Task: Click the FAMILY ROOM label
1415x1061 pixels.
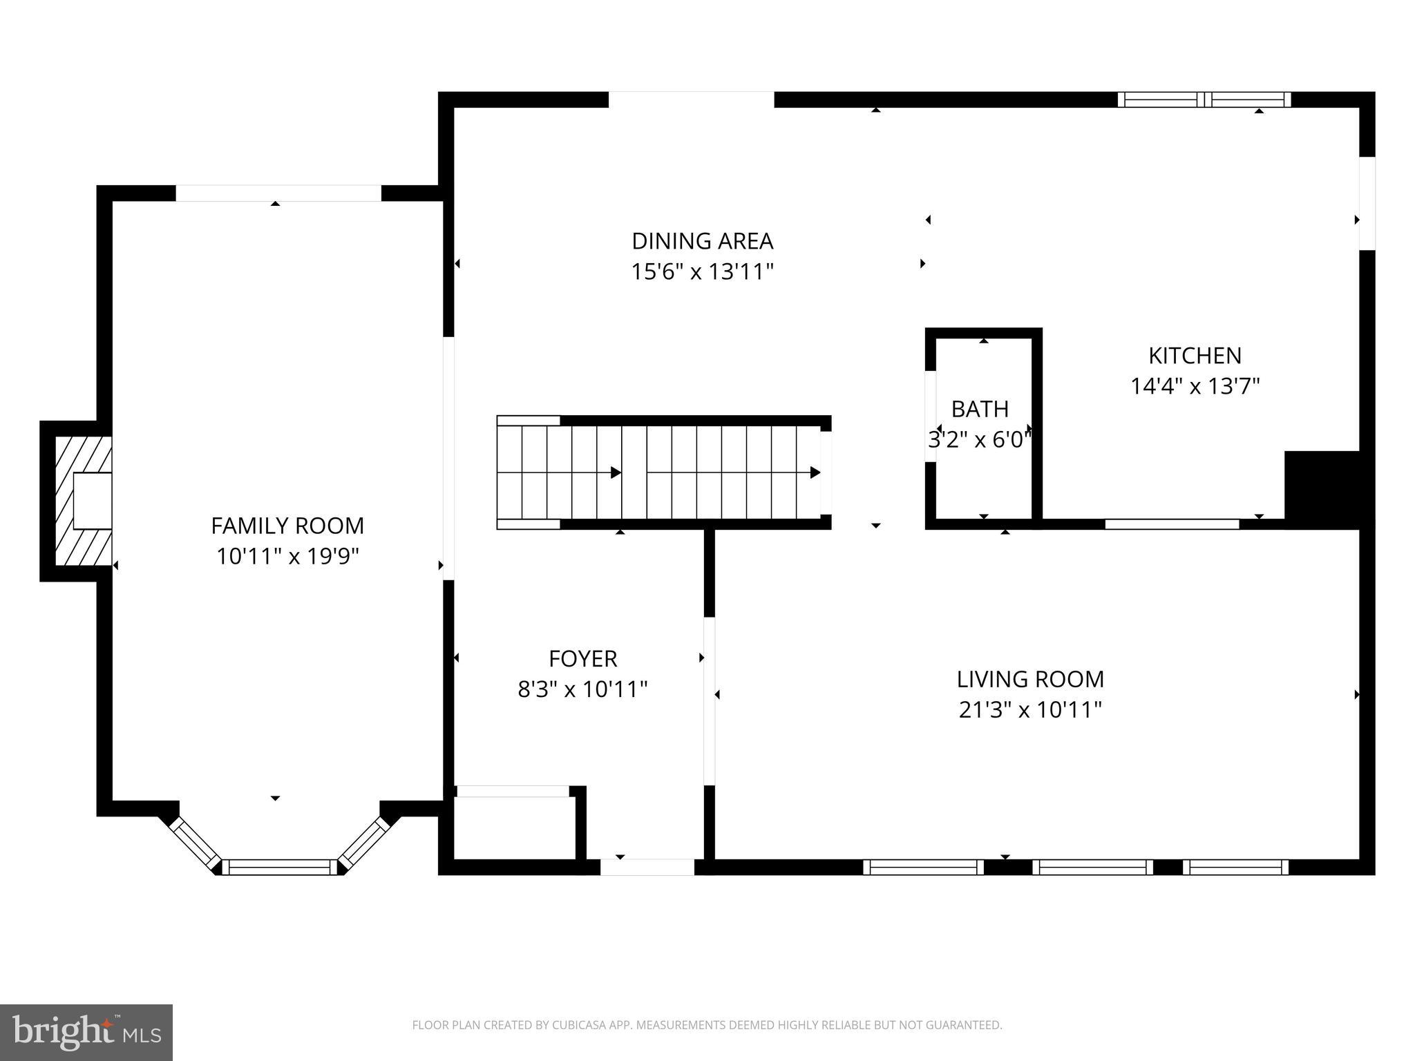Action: [x=287, y=526]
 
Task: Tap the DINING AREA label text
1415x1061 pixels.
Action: [x=702, y=241]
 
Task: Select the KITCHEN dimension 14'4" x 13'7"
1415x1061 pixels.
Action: [x=1195, y=386]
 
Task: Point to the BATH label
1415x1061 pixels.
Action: [x=980, y=409]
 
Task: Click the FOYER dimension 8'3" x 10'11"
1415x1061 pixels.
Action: [x=582, y=689]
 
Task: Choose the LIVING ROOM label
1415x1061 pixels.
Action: [x=1029, y=679]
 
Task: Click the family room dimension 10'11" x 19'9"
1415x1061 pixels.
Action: [x=287, y=556]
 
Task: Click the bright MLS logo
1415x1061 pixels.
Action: [x=86, y=1032]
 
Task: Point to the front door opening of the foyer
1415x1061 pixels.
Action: [x=647, y=867]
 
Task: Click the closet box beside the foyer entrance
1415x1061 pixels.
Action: [x=514, y=828]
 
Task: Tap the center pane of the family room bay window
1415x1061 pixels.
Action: [x=279, y=867]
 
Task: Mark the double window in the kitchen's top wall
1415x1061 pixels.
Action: [x=1204, y=99]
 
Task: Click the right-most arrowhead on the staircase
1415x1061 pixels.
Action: [x=815, y=472]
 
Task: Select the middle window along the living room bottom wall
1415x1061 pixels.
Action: [x=1092, y=867]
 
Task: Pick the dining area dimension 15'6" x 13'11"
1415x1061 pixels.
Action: [x=702, y=272]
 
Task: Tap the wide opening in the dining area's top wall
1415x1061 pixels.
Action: [x=691, y=99]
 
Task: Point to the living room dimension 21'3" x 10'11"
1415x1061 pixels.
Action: [x=1029, y=709]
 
